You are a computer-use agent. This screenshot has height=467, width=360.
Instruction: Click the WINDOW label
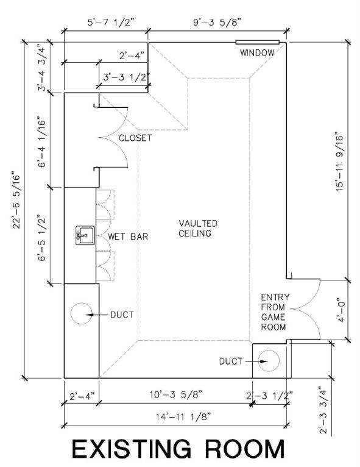[x=257, y=53]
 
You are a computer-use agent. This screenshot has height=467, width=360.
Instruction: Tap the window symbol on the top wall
[x=258, y=42]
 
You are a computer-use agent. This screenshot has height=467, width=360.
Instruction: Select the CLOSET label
[x=135, y=138]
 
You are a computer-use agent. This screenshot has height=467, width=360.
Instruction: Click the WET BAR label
[x=128, y=237]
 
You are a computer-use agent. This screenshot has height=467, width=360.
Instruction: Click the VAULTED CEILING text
[x=198, y=228]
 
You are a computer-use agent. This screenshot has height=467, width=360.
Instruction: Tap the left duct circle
[x=82, y=313]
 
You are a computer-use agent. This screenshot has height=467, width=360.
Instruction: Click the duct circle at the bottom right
[x=269, y=361]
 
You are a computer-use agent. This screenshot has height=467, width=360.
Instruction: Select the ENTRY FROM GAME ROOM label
[x=275, y=312]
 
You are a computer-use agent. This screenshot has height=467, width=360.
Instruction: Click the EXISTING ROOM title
[x=178, y=449]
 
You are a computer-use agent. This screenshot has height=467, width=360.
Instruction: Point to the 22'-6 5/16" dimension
[x=16, y=200]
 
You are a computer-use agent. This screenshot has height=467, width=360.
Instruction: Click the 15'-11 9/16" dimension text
[x=339, y=162]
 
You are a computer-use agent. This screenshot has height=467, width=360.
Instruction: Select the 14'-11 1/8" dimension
[x=183, y=416]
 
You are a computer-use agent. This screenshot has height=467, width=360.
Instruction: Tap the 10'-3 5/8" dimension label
[x=176, y=394]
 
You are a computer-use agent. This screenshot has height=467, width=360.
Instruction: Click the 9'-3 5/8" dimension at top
[x=217, y=22]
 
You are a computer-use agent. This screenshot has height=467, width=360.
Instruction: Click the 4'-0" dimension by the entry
[x=341, y=310]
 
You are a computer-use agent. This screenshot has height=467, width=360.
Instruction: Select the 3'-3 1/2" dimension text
[x=126, y=77]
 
